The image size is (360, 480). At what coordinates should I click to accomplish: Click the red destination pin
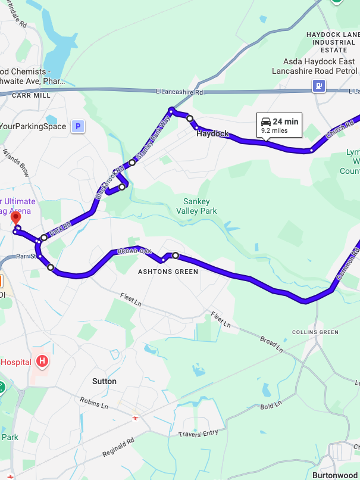16,217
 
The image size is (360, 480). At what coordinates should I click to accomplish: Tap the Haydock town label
212,134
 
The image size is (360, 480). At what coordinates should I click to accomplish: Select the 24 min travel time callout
280,125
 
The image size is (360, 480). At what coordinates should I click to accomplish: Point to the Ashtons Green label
168,272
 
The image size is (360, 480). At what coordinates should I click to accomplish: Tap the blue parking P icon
77,126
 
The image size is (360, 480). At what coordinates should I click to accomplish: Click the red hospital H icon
42,361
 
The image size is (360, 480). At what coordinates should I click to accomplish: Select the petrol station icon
319,86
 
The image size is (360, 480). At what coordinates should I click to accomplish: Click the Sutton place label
104,381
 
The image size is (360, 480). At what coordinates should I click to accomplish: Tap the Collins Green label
315,332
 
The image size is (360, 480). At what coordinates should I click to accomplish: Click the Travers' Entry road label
198,434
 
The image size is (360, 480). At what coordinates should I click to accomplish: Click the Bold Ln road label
270,407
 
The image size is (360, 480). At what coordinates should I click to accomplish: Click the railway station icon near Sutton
136,418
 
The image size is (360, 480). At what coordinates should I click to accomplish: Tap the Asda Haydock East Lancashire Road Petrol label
313,66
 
